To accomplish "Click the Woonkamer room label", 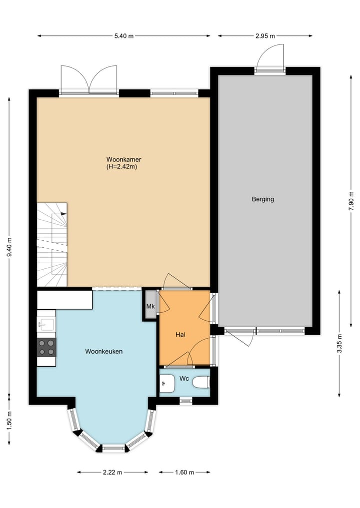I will point(120,160).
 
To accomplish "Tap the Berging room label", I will point(262,199).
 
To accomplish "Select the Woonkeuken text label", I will point(103,352).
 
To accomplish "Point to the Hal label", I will point(181,335).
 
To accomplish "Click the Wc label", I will point(184,379).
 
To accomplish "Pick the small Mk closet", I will point(150,306).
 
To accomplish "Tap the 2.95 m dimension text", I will point(265,36).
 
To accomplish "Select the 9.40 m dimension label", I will point(9,246).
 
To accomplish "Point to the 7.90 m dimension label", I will point(351,202).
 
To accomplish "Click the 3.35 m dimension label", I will point(340,344).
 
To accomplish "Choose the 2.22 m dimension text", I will point(112,472).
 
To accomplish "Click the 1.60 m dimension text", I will point(184,472).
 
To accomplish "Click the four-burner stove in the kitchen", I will point(46,347).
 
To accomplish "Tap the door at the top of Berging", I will point(270,59).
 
